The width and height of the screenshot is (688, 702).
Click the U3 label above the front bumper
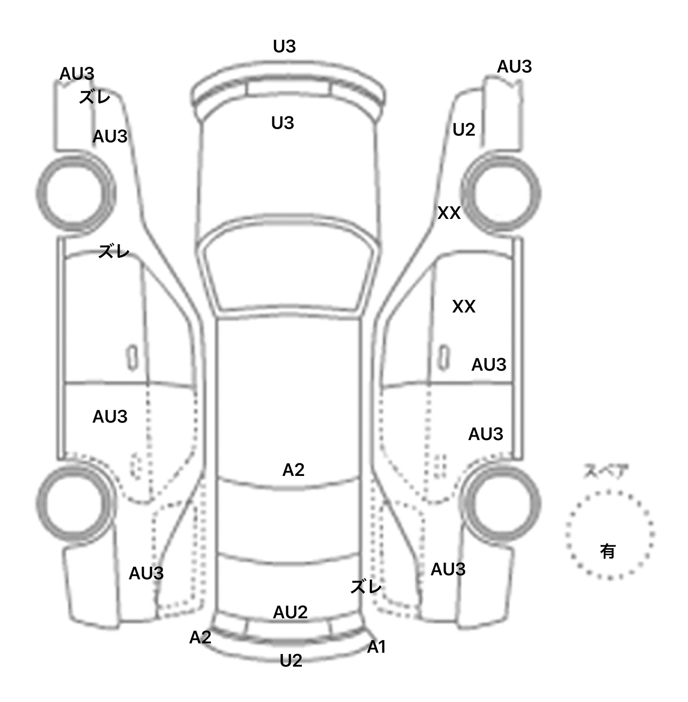[x=284, y=47]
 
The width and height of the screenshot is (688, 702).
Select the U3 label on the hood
[x=283, y=123]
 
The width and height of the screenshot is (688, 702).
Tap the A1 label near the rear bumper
[x=376, y=647]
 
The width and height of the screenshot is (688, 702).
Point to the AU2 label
[x=290, y=612]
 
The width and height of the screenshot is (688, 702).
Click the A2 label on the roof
[x=293, y=470]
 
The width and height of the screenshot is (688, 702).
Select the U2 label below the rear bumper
[x=291, y=661]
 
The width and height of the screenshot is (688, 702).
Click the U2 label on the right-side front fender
[x=464, y=130]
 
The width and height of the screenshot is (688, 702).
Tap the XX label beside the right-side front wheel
[x=449, y=214]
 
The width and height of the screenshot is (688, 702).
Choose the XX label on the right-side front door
[x=464, y=307]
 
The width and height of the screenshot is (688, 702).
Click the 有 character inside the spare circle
[x=607, y=551]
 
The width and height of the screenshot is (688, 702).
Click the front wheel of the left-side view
[x=75, y=193]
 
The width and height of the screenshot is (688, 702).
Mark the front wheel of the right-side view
[x=502, y=194]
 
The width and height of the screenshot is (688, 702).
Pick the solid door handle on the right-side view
[x=444, y=357]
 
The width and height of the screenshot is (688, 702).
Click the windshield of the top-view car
[x=289, y=269]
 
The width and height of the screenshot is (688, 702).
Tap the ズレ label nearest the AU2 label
[x=366, y=586]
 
